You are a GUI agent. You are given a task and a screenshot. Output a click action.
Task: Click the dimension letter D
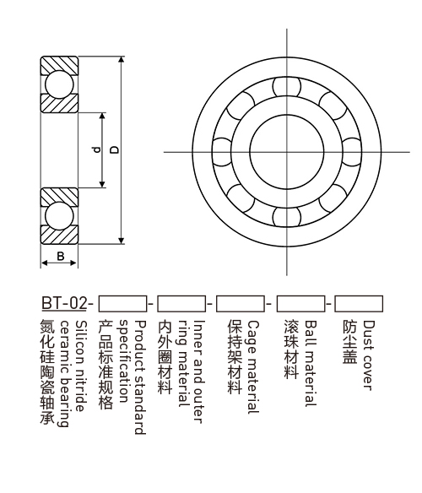pyautogui.click(x=116, y=149)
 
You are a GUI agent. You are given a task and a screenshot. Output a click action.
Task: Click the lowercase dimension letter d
pyautogui.click(x=97, y=149)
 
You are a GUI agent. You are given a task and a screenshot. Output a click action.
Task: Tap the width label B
pyautogui.click(x=61, y=256)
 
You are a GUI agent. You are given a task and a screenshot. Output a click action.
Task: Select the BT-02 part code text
pyautogui.click(x=64, y=303)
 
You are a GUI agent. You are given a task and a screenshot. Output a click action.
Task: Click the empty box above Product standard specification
pyautogui.click(x=122, y=304)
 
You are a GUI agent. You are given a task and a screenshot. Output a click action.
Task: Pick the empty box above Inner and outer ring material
pyautogui.click(x=181, y=304)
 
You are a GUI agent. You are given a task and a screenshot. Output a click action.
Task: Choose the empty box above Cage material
pyautogui.click(x=241, y=304)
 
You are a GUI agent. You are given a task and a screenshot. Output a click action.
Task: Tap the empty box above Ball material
pyautogui.click(x=300, y=304)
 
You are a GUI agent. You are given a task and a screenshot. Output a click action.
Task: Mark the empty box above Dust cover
pyautogui.click(x=359, y=304)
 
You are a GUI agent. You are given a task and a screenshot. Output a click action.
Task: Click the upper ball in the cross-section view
pyautogui.click(x=59, y=84)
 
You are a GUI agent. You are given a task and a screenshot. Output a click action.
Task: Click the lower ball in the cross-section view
pyautogui.click(x=59, y=216)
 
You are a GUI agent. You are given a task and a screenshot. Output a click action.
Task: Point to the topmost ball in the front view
pyautogui.click(x=286, y=86)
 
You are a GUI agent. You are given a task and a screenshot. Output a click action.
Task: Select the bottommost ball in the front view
pyautogui.click(x=286, y=217)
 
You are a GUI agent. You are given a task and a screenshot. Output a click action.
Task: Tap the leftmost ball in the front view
pyautogui.click(x=222, y=152)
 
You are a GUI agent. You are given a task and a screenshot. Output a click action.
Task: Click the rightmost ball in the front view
pyautogui.click(x=351, y=152)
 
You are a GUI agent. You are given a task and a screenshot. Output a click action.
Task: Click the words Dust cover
pyautogui.click(x=369, y=355)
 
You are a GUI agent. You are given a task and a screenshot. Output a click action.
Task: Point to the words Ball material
pyautogui.click(x=311, y=364)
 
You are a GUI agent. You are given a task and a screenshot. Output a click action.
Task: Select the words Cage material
pyautogui.click(x=253, y=367)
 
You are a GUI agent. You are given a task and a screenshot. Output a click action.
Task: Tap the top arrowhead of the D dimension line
pyautogui.click(x=122, y=60)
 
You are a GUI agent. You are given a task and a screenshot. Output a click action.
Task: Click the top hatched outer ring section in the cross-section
pyautogui.click(x=59, y=64)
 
